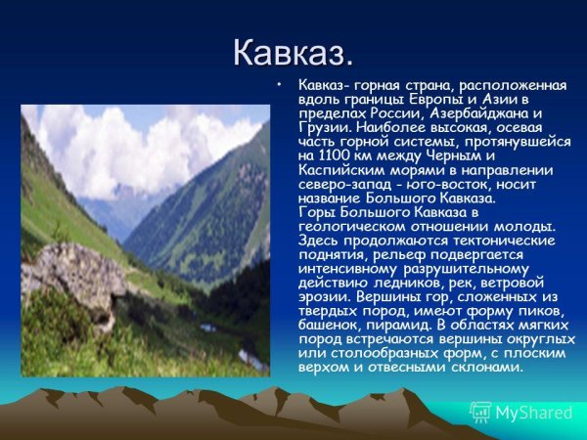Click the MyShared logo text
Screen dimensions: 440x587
click(533, 412)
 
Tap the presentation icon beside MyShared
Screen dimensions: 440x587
click(480, 412)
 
